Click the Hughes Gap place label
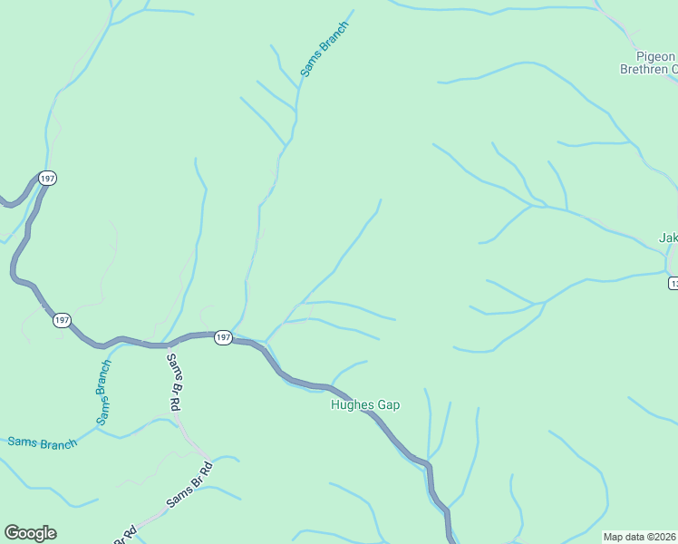(x=365, y=405)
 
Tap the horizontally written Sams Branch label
(x=42, y=443)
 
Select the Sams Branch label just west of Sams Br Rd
(x=104, y=392)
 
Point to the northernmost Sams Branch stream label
(x=324, y=48)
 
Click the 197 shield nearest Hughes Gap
(x=224, y=337)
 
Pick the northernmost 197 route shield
(x=48, y=179)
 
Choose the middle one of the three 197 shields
(x=62, y=321)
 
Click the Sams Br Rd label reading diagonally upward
(x=189, y=485)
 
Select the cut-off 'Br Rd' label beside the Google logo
(x=126, y=535)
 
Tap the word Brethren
(x=644, y=69)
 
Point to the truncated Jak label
(x=668, y=238)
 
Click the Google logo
(x=30, y=533)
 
